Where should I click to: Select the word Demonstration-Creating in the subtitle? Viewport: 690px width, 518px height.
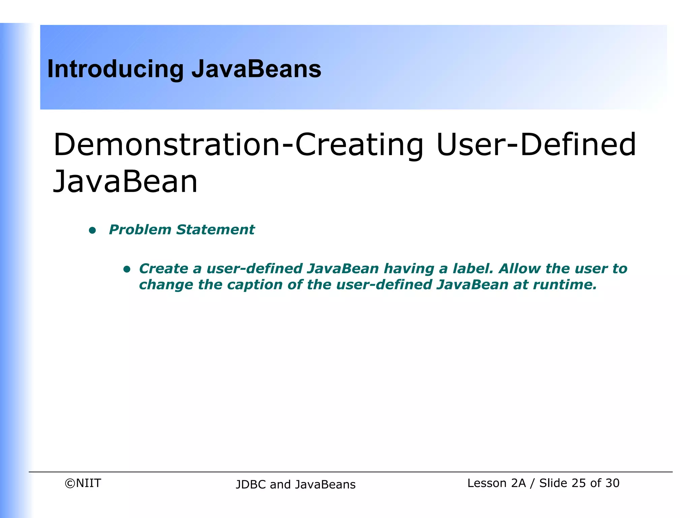point(238,145)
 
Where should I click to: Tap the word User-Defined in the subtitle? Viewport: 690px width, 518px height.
point(536,145)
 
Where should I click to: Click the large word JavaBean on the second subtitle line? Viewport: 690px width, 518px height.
point(125,182)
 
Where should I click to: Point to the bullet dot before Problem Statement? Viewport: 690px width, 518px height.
point(92,231)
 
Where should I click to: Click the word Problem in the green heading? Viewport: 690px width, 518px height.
point(140,230)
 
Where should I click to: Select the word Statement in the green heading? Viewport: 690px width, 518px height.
point(216,230)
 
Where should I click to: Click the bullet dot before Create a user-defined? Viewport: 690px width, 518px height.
point(127,269)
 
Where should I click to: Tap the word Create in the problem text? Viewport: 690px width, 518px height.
point(163,269)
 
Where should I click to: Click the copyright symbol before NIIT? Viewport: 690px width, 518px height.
point(70,484)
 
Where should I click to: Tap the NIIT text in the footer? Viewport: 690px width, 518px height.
point(88,483)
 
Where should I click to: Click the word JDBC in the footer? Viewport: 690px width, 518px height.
point(251,485)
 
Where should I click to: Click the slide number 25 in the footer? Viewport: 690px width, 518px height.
point(578,483)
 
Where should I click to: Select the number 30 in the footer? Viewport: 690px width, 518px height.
point(612,483)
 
